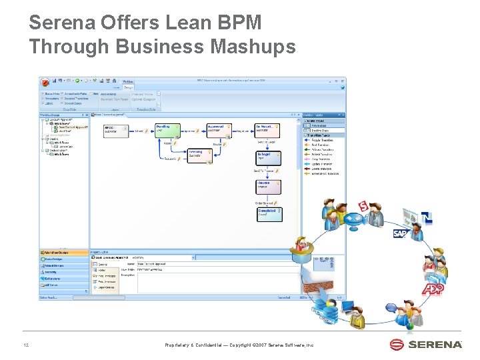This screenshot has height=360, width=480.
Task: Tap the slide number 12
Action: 25,345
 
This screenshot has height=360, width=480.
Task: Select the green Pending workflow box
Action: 165,129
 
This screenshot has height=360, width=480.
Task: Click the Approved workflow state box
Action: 217,129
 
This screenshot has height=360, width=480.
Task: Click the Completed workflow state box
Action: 268,214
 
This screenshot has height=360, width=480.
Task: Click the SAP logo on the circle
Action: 400,233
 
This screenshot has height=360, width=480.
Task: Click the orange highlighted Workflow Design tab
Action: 63,253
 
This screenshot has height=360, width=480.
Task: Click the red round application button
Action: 46,83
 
